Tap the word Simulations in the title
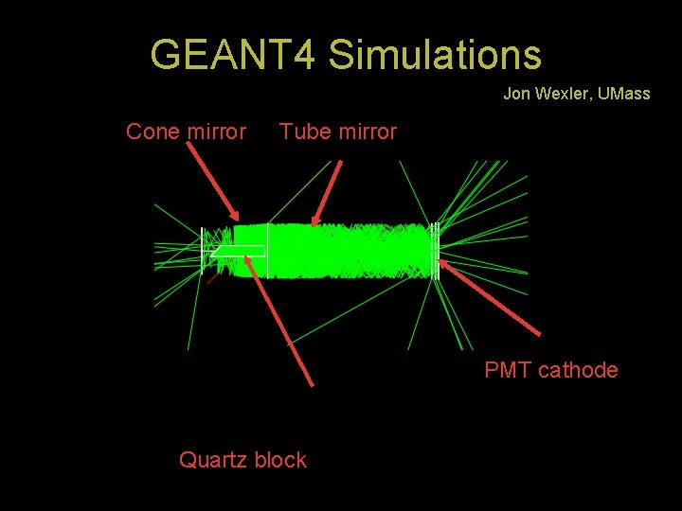point(435,55)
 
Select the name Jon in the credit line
point(516,94)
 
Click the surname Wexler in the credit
point(563,94)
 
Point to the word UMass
point(624,94)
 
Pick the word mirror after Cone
point(215,132)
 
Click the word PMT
point(508,370)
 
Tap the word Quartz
point(214,460)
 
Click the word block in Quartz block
point(280,460)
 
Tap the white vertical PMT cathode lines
point(435,251)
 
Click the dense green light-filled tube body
point(350,251)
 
